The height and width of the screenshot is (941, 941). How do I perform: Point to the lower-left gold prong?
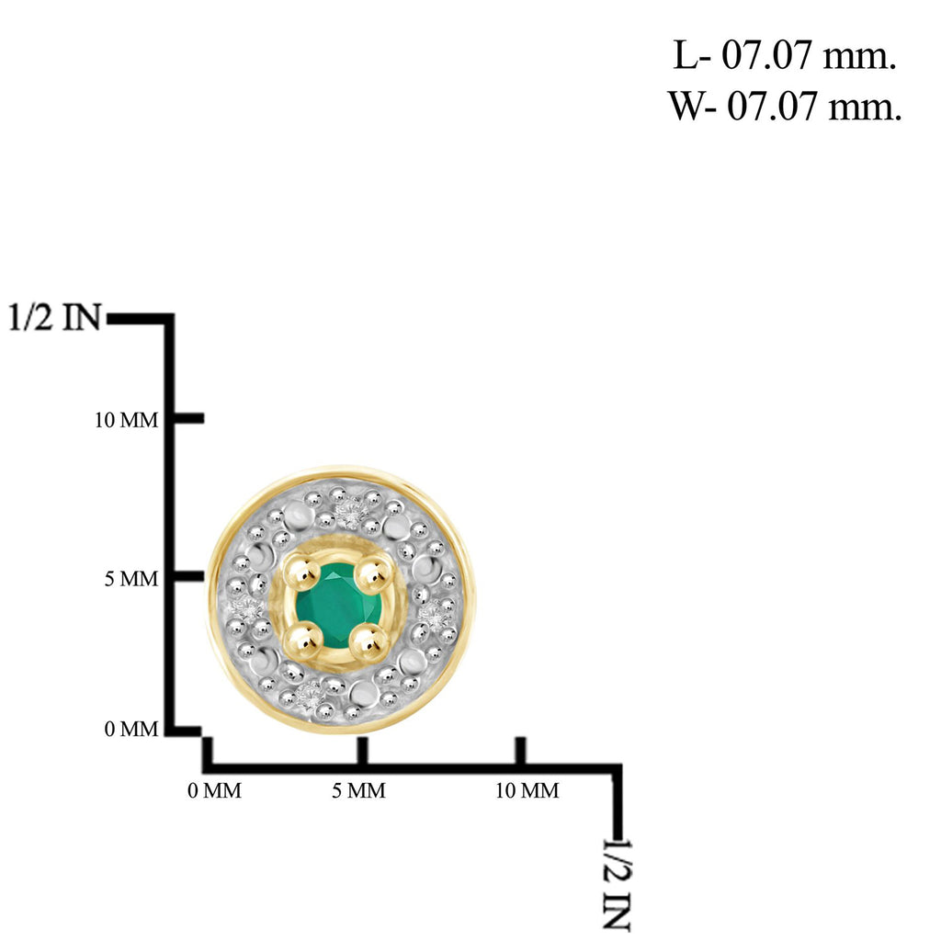(303, 641)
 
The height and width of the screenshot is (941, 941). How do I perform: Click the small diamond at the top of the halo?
(349, 511)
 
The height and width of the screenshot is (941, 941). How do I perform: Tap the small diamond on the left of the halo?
(247, 608)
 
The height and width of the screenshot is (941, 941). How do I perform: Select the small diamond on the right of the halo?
(436, 615)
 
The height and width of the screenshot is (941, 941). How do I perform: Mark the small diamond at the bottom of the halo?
(309, 697)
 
